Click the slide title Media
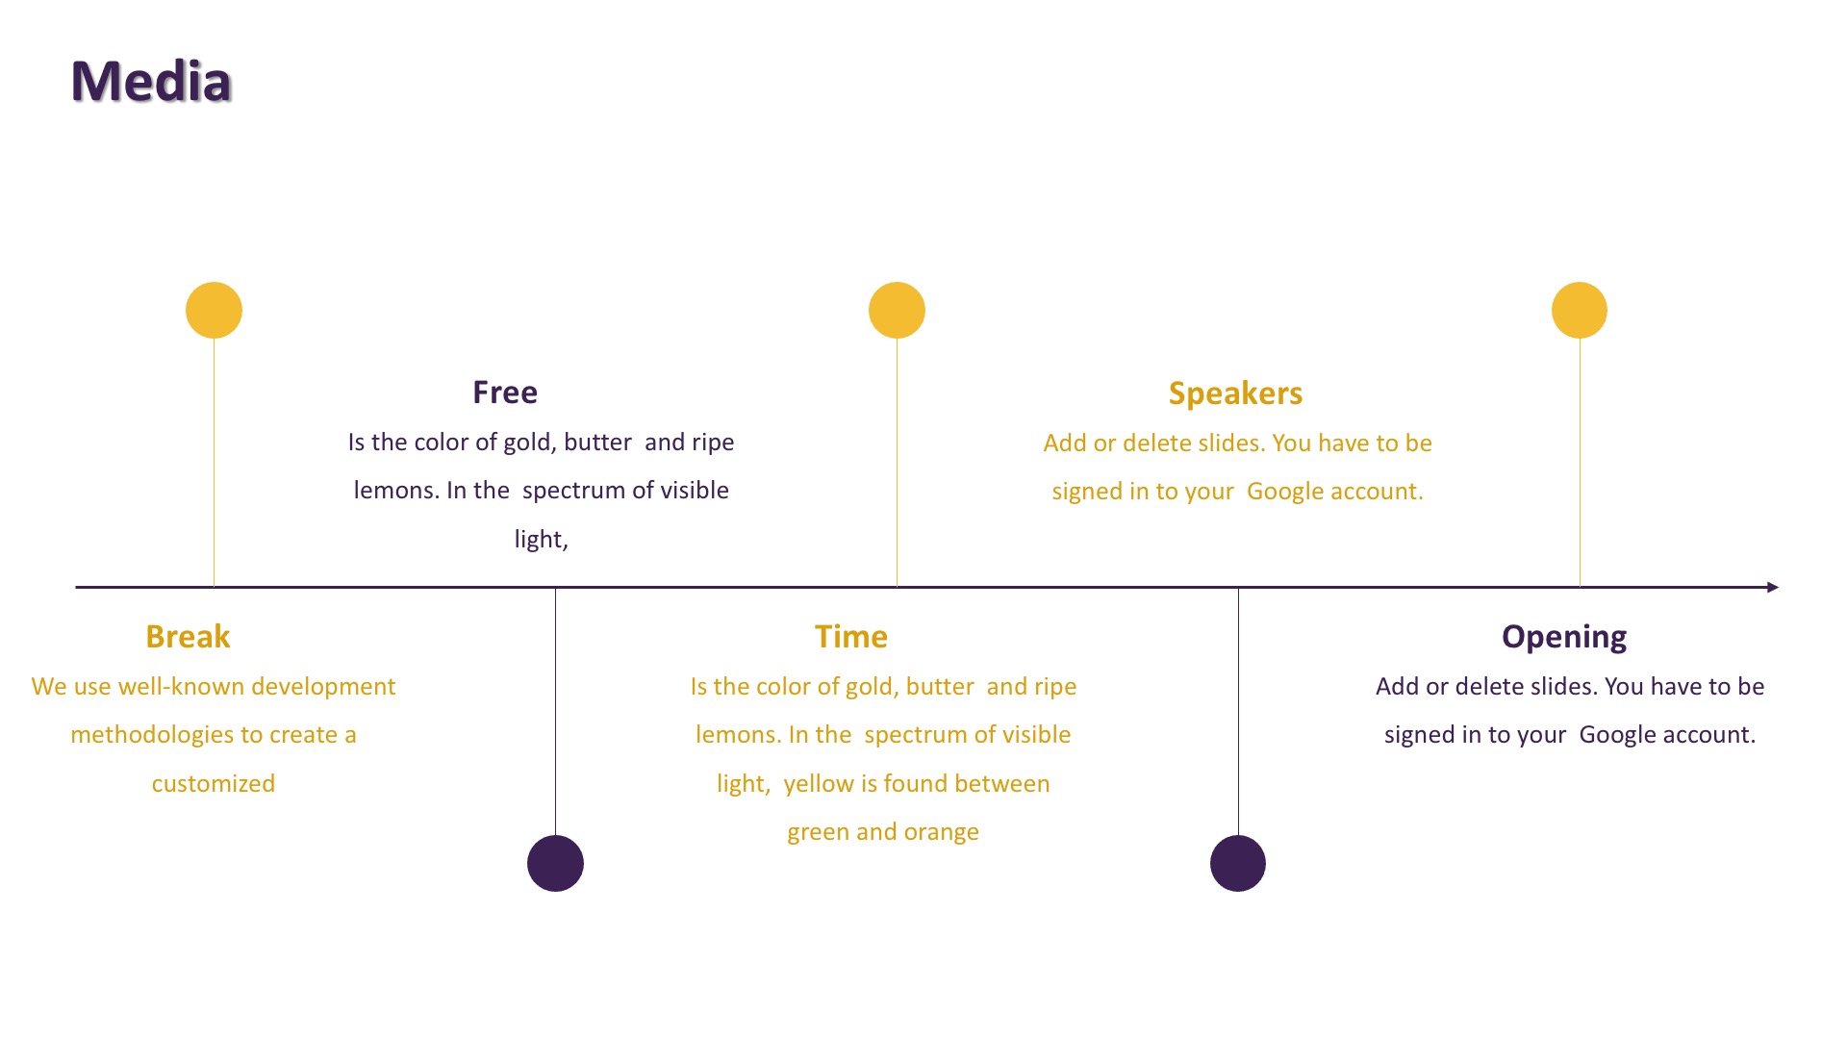point(151,81)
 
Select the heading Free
point(505,393)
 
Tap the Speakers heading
point(1235,393)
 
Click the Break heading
point(188,637)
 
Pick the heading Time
point(851,637)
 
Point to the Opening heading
point(1564,638)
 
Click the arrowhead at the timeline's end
point(1773,587)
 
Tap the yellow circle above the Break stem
point(214,310)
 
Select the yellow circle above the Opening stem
point(1580,310)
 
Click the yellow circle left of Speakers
point(897,310)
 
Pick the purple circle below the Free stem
point(555,863)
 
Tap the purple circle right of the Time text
point(1238,863)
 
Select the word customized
point(214,784)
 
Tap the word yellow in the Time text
point(819,785)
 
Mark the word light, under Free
point(542,540)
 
